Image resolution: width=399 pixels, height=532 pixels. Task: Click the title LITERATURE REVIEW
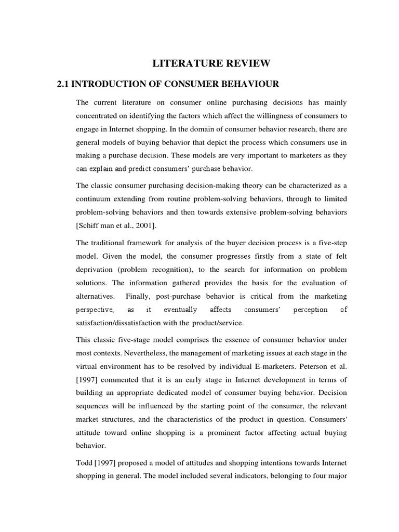click(x=211, y=64)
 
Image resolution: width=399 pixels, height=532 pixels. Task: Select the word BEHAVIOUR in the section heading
click(x=250, y=84)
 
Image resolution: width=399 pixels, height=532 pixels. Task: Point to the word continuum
click(x=96, y=199)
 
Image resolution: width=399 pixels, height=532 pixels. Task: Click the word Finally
click(x=156, y=296)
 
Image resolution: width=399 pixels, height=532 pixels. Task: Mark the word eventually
click(x=181, y=310)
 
